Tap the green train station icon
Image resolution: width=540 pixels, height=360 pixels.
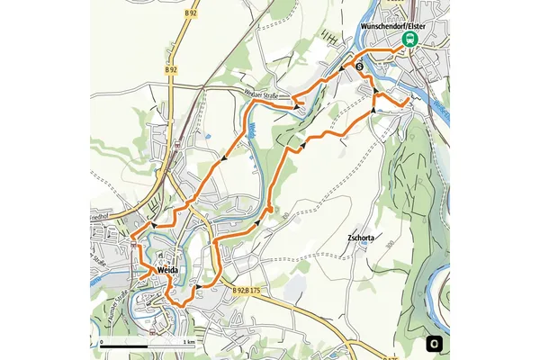[x=410, y=40]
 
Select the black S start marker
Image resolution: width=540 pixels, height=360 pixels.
[x=359, y=67]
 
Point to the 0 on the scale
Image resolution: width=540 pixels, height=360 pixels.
[x=102, y=343]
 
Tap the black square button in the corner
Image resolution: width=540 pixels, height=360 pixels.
[x=435, y=343]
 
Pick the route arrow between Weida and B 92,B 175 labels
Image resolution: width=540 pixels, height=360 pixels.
[x=195, y=288]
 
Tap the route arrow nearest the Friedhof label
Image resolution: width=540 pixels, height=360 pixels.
[x=154, y=225]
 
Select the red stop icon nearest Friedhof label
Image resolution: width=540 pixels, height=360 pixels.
[x=132, y=243]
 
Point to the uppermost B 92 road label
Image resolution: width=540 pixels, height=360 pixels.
[x=190, y=14]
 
